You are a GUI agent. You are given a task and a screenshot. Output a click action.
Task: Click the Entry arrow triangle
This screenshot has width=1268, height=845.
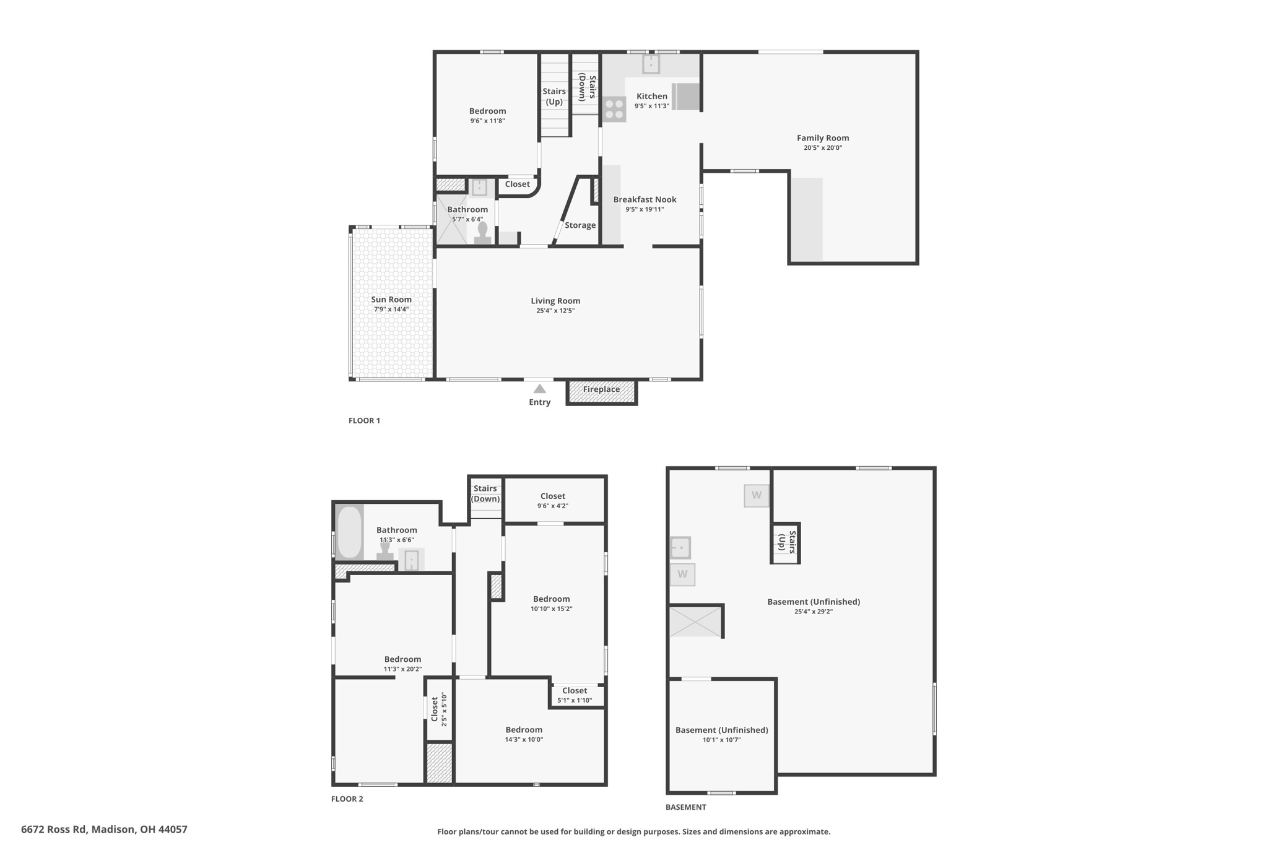tap(540, 389)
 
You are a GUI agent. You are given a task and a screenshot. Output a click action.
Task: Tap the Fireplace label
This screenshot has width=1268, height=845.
tap(601, 389)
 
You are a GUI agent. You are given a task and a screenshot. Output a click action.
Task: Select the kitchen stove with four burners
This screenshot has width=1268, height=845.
tap(614, 110)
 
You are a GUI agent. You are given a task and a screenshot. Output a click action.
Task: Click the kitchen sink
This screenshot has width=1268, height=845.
tap(651, 64)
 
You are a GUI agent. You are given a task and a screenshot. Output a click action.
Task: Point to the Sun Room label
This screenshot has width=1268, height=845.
tap(391, 300)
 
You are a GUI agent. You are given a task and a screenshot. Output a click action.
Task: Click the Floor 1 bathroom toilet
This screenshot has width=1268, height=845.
tap(482, 233)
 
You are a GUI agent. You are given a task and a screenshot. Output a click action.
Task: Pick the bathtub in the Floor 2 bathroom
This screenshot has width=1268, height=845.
tap(350, 532)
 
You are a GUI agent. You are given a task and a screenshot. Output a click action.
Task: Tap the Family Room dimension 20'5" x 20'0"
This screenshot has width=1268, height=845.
tap(823, 148)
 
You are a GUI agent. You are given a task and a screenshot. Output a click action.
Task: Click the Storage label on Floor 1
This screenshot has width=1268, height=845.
tap(580, 225)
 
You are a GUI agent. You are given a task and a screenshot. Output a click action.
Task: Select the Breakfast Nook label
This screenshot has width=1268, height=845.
tap(645, 199)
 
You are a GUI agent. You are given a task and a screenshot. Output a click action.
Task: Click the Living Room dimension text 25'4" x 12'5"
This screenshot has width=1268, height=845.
tap(555, 311)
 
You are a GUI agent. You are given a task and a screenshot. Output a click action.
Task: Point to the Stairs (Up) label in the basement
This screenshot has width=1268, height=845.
tap(786, 543)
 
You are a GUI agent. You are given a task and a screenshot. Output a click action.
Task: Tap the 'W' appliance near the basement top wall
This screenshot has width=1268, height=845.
tap(757, 495)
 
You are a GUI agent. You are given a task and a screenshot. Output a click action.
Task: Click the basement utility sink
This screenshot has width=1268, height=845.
tap(680, 548)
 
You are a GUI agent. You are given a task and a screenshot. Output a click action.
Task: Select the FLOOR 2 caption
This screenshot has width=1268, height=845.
tap(347, 799)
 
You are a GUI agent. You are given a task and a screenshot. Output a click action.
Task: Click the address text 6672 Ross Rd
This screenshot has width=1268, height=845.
tap(55, 829)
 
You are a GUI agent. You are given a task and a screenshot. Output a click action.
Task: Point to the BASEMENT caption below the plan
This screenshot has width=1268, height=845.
tap(685, 807)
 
